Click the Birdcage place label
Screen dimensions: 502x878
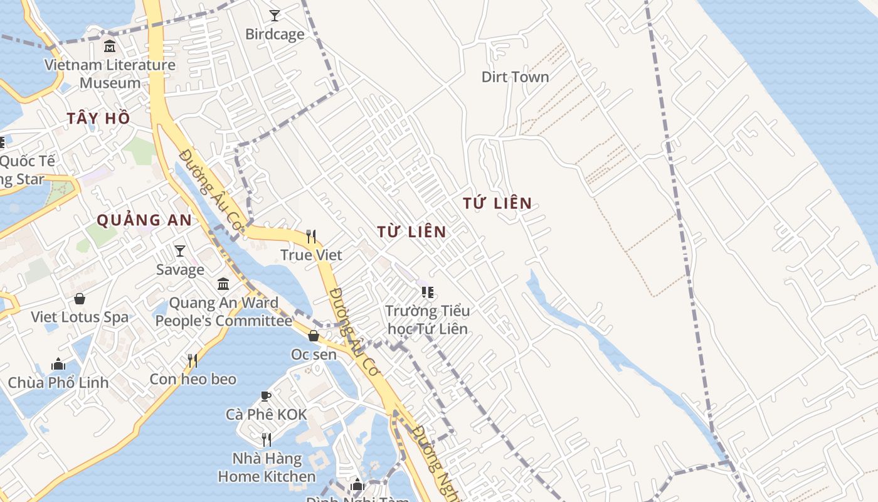[275, 34]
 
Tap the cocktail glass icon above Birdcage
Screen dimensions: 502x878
[274, 15]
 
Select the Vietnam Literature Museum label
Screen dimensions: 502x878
[110, 73]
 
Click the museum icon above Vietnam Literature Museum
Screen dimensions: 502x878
[110, 46]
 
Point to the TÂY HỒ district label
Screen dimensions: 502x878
[99, 118]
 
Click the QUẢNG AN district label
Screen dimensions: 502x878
[144, 220]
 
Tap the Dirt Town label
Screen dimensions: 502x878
[515, 77]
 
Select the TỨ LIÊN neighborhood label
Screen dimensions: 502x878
[497, 203]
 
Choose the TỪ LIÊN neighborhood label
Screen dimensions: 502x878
[412, 232]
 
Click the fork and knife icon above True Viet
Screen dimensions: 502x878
[311, 237]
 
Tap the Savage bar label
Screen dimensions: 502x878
[180, 270]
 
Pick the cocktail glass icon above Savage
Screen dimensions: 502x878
[180, 251]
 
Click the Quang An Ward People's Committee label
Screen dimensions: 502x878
[223, 312]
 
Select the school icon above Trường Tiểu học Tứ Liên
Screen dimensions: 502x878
[428, 292]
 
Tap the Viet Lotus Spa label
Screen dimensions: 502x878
[80, 317]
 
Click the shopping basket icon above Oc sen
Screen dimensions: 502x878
[314, 336]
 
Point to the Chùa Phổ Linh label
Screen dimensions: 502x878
[58, 382]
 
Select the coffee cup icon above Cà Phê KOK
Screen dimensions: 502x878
[266, 396]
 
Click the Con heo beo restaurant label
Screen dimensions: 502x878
[193, 379]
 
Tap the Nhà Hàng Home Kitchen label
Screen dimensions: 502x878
[267, 467]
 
